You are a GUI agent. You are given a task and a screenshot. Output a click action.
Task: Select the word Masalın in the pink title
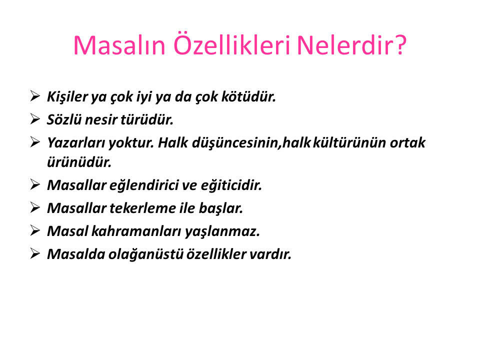(x=119, y=45)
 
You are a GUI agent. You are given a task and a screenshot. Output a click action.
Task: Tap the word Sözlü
(x=64, y=119)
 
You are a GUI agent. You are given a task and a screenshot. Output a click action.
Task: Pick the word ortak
(x=407, y=142)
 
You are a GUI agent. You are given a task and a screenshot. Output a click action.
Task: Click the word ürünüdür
(x=79, y=162)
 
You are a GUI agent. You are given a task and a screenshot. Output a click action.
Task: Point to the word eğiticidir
(x=231, y=185)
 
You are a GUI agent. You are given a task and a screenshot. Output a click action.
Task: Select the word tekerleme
(x=142, y=208)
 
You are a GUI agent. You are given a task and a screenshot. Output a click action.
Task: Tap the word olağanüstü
(x=146, y=254)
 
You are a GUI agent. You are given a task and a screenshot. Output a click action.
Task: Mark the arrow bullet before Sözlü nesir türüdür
(x=35, y=119)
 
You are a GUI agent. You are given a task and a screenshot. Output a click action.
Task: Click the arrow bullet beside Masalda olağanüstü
(x=35, y=254)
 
